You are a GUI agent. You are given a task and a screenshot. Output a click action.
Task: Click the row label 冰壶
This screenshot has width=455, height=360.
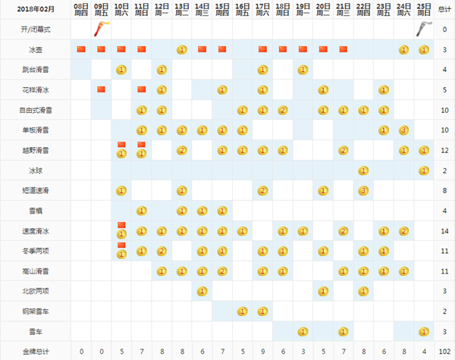pyautogui.click(x=35, y=49)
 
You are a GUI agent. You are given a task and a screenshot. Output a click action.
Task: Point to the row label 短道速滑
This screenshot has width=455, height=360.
pyautogui.click(x=35, y=190)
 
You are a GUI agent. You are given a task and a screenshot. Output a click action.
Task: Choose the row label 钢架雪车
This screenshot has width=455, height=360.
pyautogui.click(x=35, y=311)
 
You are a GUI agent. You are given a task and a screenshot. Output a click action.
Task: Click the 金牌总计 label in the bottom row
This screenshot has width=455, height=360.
pyautogui.click(x=35, y=352)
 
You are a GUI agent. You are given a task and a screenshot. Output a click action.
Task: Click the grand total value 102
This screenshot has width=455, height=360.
pyautogui.click(x=444, y=352)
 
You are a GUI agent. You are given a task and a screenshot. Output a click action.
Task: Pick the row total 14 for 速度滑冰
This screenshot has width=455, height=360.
pyautogui.click(x=444, y=230)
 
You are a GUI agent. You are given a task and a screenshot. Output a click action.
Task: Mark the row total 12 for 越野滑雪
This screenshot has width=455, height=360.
pyautogui.click(x=444, y=150)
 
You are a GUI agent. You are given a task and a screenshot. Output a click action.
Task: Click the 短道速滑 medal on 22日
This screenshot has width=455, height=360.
pyautogui.click(x=363, y=190)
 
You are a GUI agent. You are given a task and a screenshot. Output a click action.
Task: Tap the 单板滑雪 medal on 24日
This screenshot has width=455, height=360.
pyautogui.click(x=403, y=130)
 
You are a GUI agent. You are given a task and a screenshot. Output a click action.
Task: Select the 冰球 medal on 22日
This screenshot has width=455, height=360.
pyautogui.click(x=363, y=171)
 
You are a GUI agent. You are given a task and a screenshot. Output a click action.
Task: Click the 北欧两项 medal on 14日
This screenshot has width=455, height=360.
pyautogui.click(x=202, y=291)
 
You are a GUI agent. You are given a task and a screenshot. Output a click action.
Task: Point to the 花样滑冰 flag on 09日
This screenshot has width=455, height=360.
pyautogui.click(x=101, y=89)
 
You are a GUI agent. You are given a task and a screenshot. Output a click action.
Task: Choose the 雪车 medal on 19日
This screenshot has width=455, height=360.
pyautogui.click(x=303, y=331)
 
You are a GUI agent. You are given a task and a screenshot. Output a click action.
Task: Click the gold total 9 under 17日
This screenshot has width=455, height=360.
pyautogui.click(x=262, y=352)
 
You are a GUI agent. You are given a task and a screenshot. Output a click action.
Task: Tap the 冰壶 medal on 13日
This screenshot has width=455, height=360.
pyautogui.click(x=181, y=49)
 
